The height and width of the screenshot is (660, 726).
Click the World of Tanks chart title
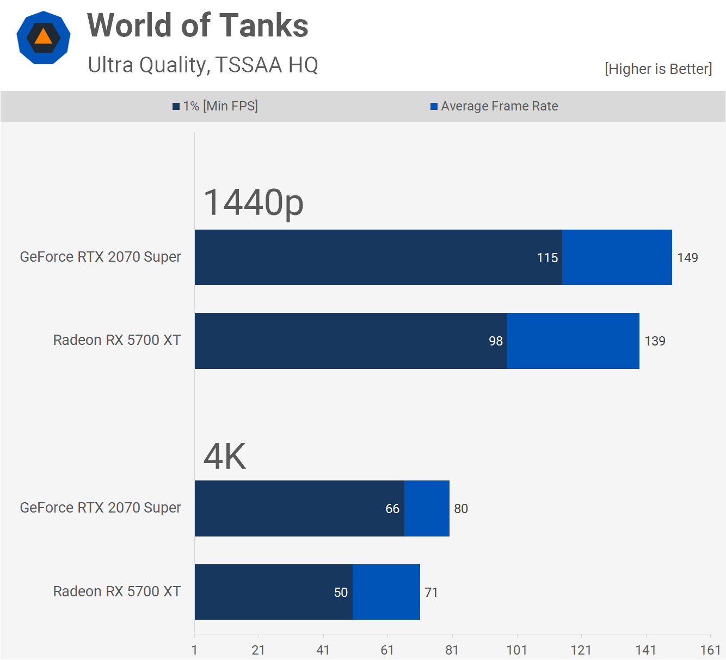click(198, 26)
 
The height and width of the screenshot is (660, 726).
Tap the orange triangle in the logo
click(43, 37)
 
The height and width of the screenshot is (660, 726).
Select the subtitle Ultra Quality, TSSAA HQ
click(203, 65)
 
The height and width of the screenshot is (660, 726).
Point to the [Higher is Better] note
click(658, 69)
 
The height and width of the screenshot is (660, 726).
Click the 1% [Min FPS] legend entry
click(216, 106)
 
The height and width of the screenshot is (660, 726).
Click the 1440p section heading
click(253, 202)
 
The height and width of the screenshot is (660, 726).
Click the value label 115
click(547, 258)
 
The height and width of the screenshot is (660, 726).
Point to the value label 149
click(687, 258)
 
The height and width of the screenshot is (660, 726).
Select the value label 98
click(496, 341)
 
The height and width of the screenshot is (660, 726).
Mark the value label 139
click(655, 341)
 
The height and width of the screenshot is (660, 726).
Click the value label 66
click(392, 509)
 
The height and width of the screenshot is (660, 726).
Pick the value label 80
click(461, 509)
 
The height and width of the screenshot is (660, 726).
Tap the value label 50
click(341, 593)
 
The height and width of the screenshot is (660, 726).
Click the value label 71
click(431, 593)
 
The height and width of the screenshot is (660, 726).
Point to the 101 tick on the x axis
click(516, 650)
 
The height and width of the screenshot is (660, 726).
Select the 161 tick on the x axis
click(710, 650)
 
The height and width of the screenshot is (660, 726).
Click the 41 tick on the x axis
click(323, 650)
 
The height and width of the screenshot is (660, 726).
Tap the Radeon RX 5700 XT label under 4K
click(117, 591)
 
